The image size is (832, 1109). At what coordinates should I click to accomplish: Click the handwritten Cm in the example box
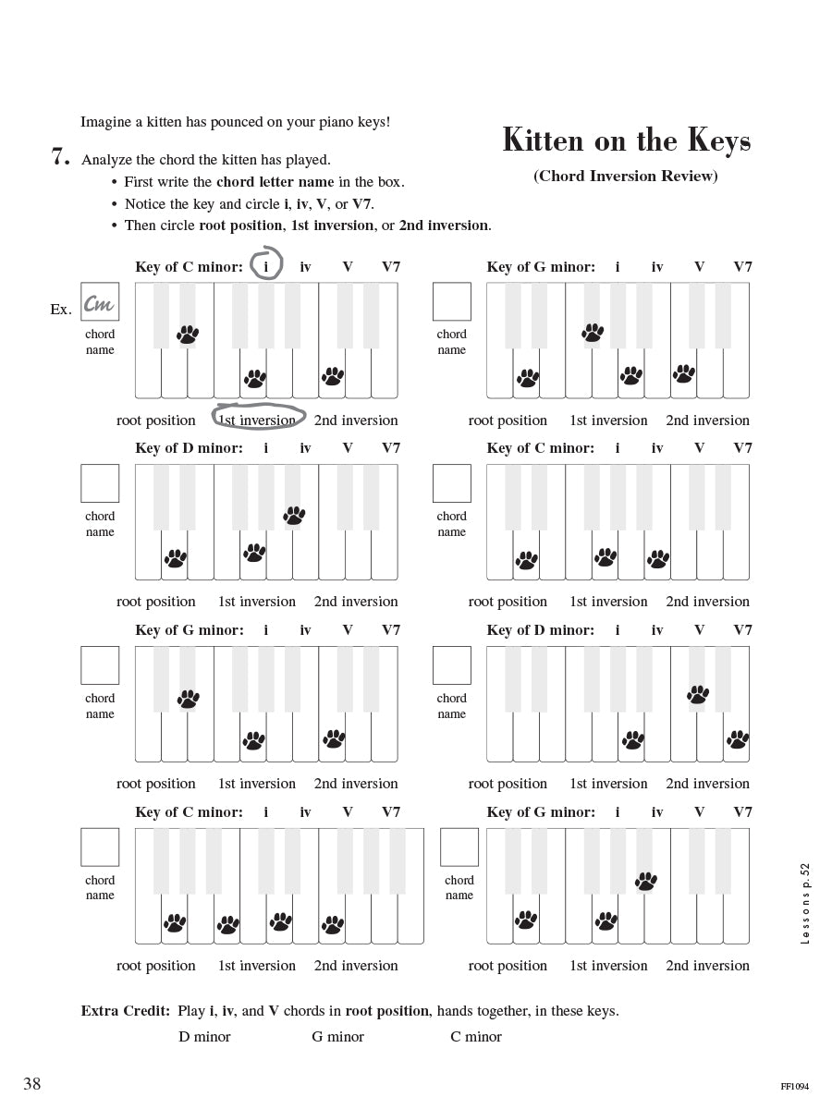click(100, 302)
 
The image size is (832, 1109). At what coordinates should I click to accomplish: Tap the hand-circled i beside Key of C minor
click(266, 266)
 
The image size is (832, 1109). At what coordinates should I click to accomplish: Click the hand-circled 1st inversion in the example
click(258, 420)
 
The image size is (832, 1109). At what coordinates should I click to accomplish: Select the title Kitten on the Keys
click(626, 140)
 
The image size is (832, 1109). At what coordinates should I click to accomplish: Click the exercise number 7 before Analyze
click(60, 158)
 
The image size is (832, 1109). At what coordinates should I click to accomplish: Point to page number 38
click(32, 1084)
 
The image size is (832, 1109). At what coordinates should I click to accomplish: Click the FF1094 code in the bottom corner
click(793, 1087)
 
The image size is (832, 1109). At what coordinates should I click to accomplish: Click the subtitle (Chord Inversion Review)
click(625, 176)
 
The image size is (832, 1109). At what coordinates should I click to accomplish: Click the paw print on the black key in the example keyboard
click(188, 334)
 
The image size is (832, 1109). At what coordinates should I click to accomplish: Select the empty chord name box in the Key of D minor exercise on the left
click(100, 483)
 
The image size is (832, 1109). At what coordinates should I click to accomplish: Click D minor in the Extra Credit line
click(204, 1037)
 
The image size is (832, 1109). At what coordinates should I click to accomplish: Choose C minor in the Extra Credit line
click(476, 1037)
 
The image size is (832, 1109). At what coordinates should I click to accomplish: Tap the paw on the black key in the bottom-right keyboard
click(645, 881)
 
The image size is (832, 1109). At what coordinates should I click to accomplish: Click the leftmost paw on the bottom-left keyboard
click(175, 922)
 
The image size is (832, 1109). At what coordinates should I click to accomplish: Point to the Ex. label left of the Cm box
click(61, 310)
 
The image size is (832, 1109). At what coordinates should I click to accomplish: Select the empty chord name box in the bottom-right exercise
click(459, 847)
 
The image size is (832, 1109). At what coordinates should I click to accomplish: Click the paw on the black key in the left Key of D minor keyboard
click(294, 515)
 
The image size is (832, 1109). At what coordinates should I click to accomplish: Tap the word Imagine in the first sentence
click(107, 122)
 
